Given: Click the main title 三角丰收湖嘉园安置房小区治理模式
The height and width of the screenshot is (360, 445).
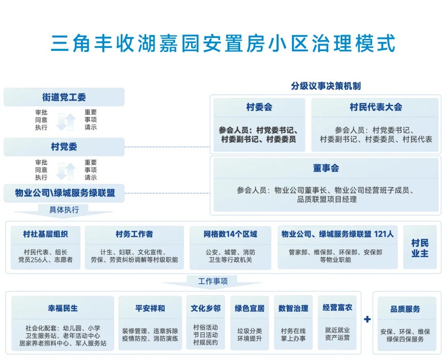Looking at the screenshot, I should coord(222,43).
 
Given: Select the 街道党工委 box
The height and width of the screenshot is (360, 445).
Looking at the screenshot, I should coord(64,97).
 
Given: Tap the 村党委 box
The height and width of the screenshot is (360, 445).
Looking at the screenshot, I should coord(64,147).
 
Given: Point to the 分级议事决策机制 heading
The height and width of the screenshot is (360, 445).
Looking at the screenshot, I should coord(326,86).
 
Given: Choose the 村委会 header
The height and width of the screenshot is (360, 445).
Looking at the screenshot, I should coord(259,107).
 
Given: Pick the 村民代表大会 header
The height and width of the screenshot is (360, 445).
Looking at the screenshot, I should coord(376,107).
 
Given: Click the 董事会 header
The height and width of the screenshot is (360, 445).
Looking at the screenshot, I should coord(326,168).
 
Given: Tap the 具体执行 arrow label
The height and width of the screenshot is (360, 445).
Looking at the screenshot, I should coord(63,210).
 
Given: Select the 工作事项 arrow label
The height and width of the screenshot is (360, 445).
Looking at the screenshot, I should coord(213,282).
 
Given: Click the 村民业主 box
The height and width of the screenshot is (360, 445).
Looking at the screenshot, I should coord(420,248).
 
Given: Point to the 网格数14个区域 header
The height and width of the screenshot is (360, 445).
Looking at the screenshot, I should coord(230,234).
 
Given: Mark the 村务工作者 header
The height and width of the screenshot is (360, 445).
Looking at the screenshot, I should coord(134,234).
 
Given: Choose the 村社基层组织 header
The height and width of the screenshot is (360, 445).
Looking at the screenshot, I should coord(46,234).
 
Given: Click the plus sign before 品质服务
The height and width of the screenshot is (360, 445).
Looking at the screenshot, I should coord(367,319).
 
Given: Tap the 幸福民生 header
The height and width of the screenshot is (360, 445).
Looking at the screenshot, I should coord(63,308).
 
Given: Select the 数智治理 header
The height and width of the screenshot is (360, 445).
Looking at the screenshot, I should coord(293,308).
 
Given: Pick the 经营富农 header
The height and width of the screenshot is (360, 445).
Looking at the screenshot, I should coord(337,308).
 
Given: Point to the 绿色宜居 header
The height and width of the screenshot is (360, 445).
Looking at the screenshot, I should coord(250,308).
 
